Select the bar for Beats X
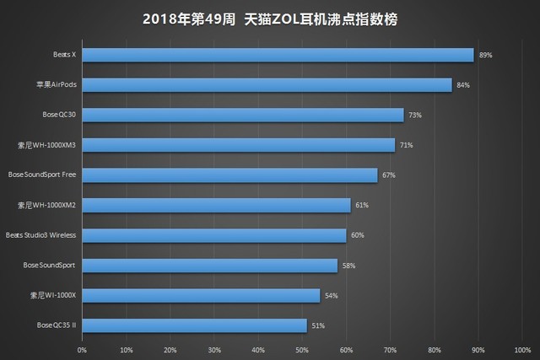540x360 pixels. pos(278,55)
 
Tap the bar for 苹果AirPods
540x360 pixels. pos(267,85)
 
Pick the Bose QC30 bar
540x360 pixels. pos(242,115)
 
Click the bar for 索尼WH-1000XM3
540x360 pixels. pos(238,145)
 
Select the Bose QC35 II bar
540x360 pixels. pos(194,325)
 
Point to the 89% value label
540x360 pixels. pos(485,55)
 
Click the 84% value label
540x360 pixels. pos(463,85)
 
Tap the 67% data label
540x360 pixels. pos(388,175)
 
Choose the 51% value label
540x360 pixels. pos(317,325)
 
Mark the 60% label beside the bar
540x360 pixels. pos(357,235)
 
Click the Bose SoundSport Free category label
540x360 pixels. pos(42,175)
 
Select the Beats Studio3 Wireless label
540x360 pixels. pos(41,235)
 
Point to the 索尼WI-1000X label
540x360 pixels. pos(52,295)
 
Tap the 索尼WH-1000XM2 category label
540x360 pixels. pos(48,205)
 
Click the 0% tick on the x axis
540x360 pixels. pos(82,349)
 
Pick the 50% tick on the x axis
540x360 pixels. pos(302,349)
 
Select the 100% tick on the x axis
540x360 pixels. pos(522,349)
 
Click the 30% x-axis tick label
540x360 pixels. pos(214,349)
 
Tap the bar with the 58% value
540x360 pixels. pos(209,266)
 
